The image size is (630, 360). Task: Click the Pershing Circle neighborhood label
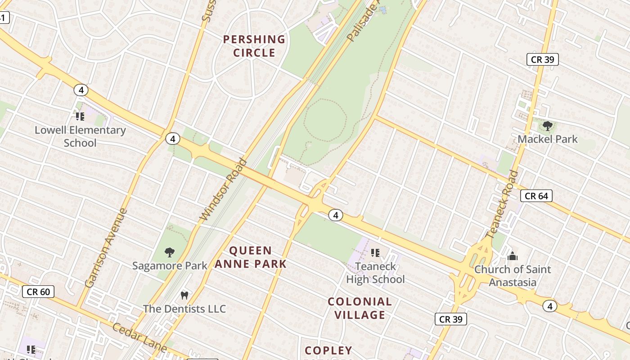point(254,46)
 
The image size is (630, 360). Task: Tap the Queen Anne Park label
point(250,257)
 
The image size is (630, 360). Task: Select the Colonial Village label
point(360,308)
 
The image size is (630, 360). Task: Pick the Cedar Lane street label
point(139,337)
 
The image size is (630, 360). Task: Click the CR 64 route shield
point(536,196)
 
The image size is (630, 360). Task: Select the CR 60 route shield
point(38,292)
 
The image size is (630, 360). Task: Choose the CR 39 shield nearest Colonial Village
point(450,319)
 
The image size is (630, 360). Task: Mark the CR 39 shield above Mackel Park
point(542,59)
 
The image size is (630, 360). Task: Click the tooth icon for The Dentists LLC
point(184,296)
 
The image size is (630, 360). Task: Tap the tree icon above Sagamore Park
point(170,252)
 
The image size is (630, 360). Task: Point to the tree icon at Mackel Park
point(547,126)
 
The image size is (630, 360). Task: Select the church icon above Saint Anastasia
point(513,256)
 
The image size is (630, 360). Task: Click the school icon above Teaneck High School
point(375,253)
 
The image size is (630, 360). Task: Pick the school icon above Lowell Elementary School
point(80,117)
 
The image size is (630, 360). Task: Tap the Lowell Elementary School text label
point(80,137)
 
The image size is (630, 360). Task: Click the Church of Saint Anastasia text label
point(513,276)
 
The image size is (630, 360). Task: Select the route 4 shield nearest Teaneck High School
point(335,215)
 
